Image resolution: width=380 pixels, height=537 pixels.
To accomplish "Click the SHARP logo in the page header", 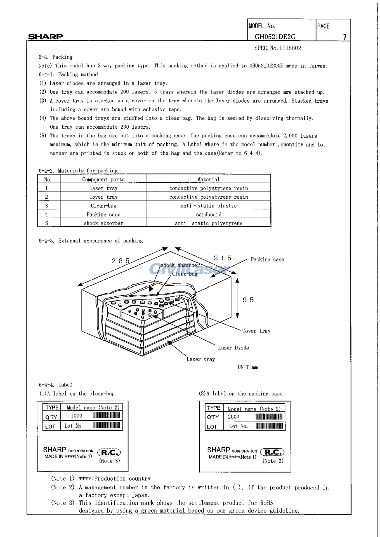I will [46, 36].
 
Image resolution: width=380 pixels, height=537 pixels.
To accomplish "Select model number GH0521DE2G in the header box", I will [275, 37].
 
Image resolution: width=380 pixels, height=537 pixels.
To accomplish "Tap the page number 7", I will [345, 37].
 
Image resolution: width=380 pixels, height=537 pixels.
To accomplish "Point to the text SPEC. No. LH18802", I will [278, 48].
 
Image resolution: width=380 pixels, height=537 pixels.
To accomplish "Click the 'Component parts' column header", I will [103, 180].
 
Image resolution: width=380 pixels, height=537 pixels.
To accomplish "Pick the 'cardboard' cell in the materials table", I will [209, 215].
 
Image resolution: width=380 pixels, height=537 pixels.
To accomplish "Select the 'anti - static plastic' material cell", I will [209, 206].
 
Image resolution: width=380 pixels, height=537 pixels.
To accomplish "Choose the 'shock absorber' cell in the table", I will [103, 223].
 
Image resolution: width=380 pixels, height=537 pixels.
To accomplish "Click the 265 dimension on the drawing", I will [121, 261].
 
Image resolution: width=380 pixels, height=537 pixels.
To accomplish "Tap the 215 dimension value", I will [223, 258].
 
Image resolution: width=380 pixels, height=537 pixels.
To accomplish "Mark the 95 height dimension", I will [248, 300].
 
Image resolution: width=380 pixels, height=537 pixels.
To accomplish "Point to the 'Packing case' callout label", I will [267, 260].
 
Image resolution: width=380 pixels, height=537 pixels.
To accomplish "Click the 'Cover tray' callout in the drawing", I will [256, 331].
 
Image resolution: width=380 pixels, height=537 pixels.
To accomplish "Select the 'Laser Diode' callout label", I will [233, 348].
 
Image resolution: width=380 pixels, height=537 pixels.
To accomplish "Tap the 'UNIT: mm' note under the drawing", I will [248, 367].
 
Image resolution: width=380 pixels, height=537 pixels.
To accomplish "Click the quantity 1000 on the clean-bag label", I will [77, 416].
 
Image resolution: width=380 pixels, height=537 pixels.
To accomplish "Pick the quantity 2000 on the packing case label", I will [233, 417].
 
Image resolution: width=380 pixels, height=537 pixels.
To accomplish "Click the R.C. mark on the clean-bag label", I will [109, 452].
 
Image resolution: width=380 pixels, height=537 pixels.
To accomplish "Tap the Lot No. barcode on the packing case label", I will [270, 426].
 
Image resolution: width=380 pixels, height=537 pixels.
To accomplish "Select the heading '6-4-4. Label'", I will [55, 385].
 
